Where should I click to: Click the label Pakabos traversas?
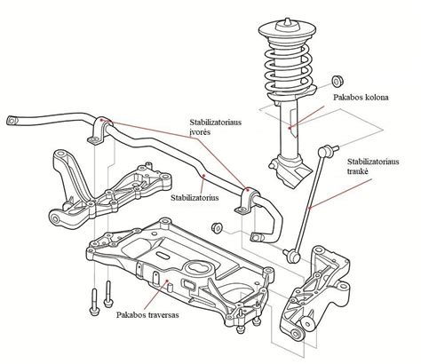click(150, 314)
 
